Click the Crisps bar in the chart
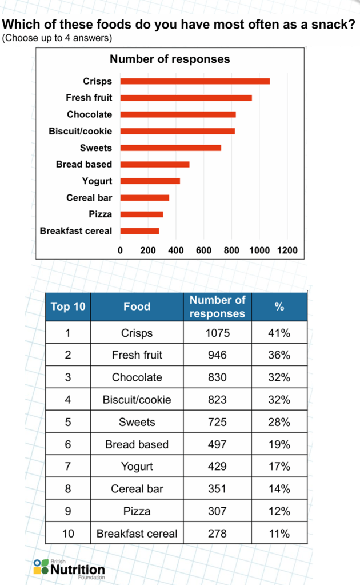[194, 81]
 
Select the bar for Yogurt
[150, 181]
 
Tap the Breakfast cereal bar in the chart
[139, 231]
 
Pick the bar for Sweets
[170, 148]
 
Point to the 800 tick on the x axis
[231, 250]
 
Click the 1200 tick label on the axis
[287, 250]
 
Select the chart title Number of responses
[170, 59]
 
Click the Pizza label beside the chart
[101, 214]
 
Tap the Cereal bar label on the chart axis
[89, 198]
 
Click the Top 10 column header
[68, 307]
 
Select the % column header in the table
[279, 307]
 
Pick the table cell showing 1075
[217, 333]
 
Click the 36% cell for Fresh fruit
[279, 355]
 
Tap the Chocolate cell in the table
[137, 377]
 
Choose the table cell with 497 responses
[217, 444]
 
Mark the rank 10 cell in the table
[68, 534]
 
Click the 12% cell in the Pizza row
[279, 511]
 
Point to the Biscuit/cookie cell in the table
[137, 400]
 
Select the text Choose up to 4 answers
[57, 38]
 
